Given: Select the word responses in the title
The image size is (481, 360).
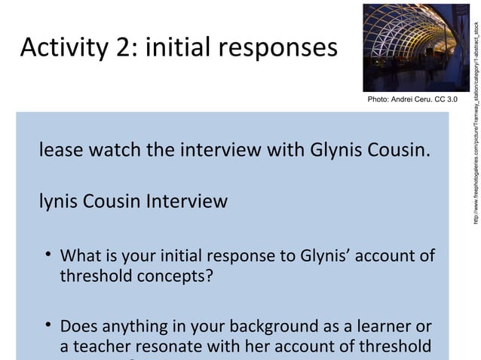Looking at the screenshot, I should [x=278, y=49].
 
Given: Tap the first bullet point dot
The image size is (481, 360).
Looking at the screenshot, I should [x=47, y=257].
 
